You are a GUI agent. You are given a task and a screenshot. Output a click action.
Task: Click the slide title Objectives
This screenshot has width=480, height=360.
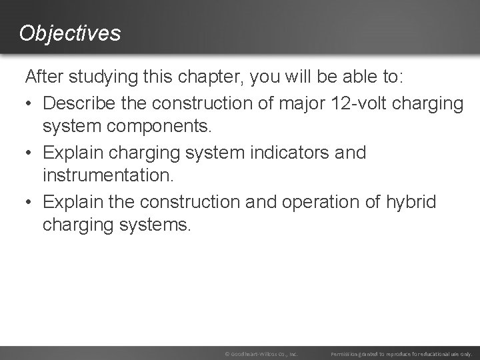(x=70, y=33)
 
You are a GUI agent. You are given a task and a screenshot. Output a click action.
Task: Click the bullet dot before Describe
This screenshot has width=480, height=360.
(x=30, y=104)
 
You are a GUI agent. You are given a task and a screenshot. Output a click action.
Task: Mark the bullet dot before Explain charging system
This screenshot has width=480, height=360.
(x=30, y=153)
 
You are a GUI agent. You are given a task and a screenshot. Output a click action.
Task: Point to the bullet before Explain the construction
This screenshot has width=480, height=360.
(x=30, y=202)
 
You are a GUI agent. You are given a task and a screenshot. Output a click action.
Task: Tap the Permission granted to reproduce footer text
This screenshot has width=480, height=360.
(x=401, y=353)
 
